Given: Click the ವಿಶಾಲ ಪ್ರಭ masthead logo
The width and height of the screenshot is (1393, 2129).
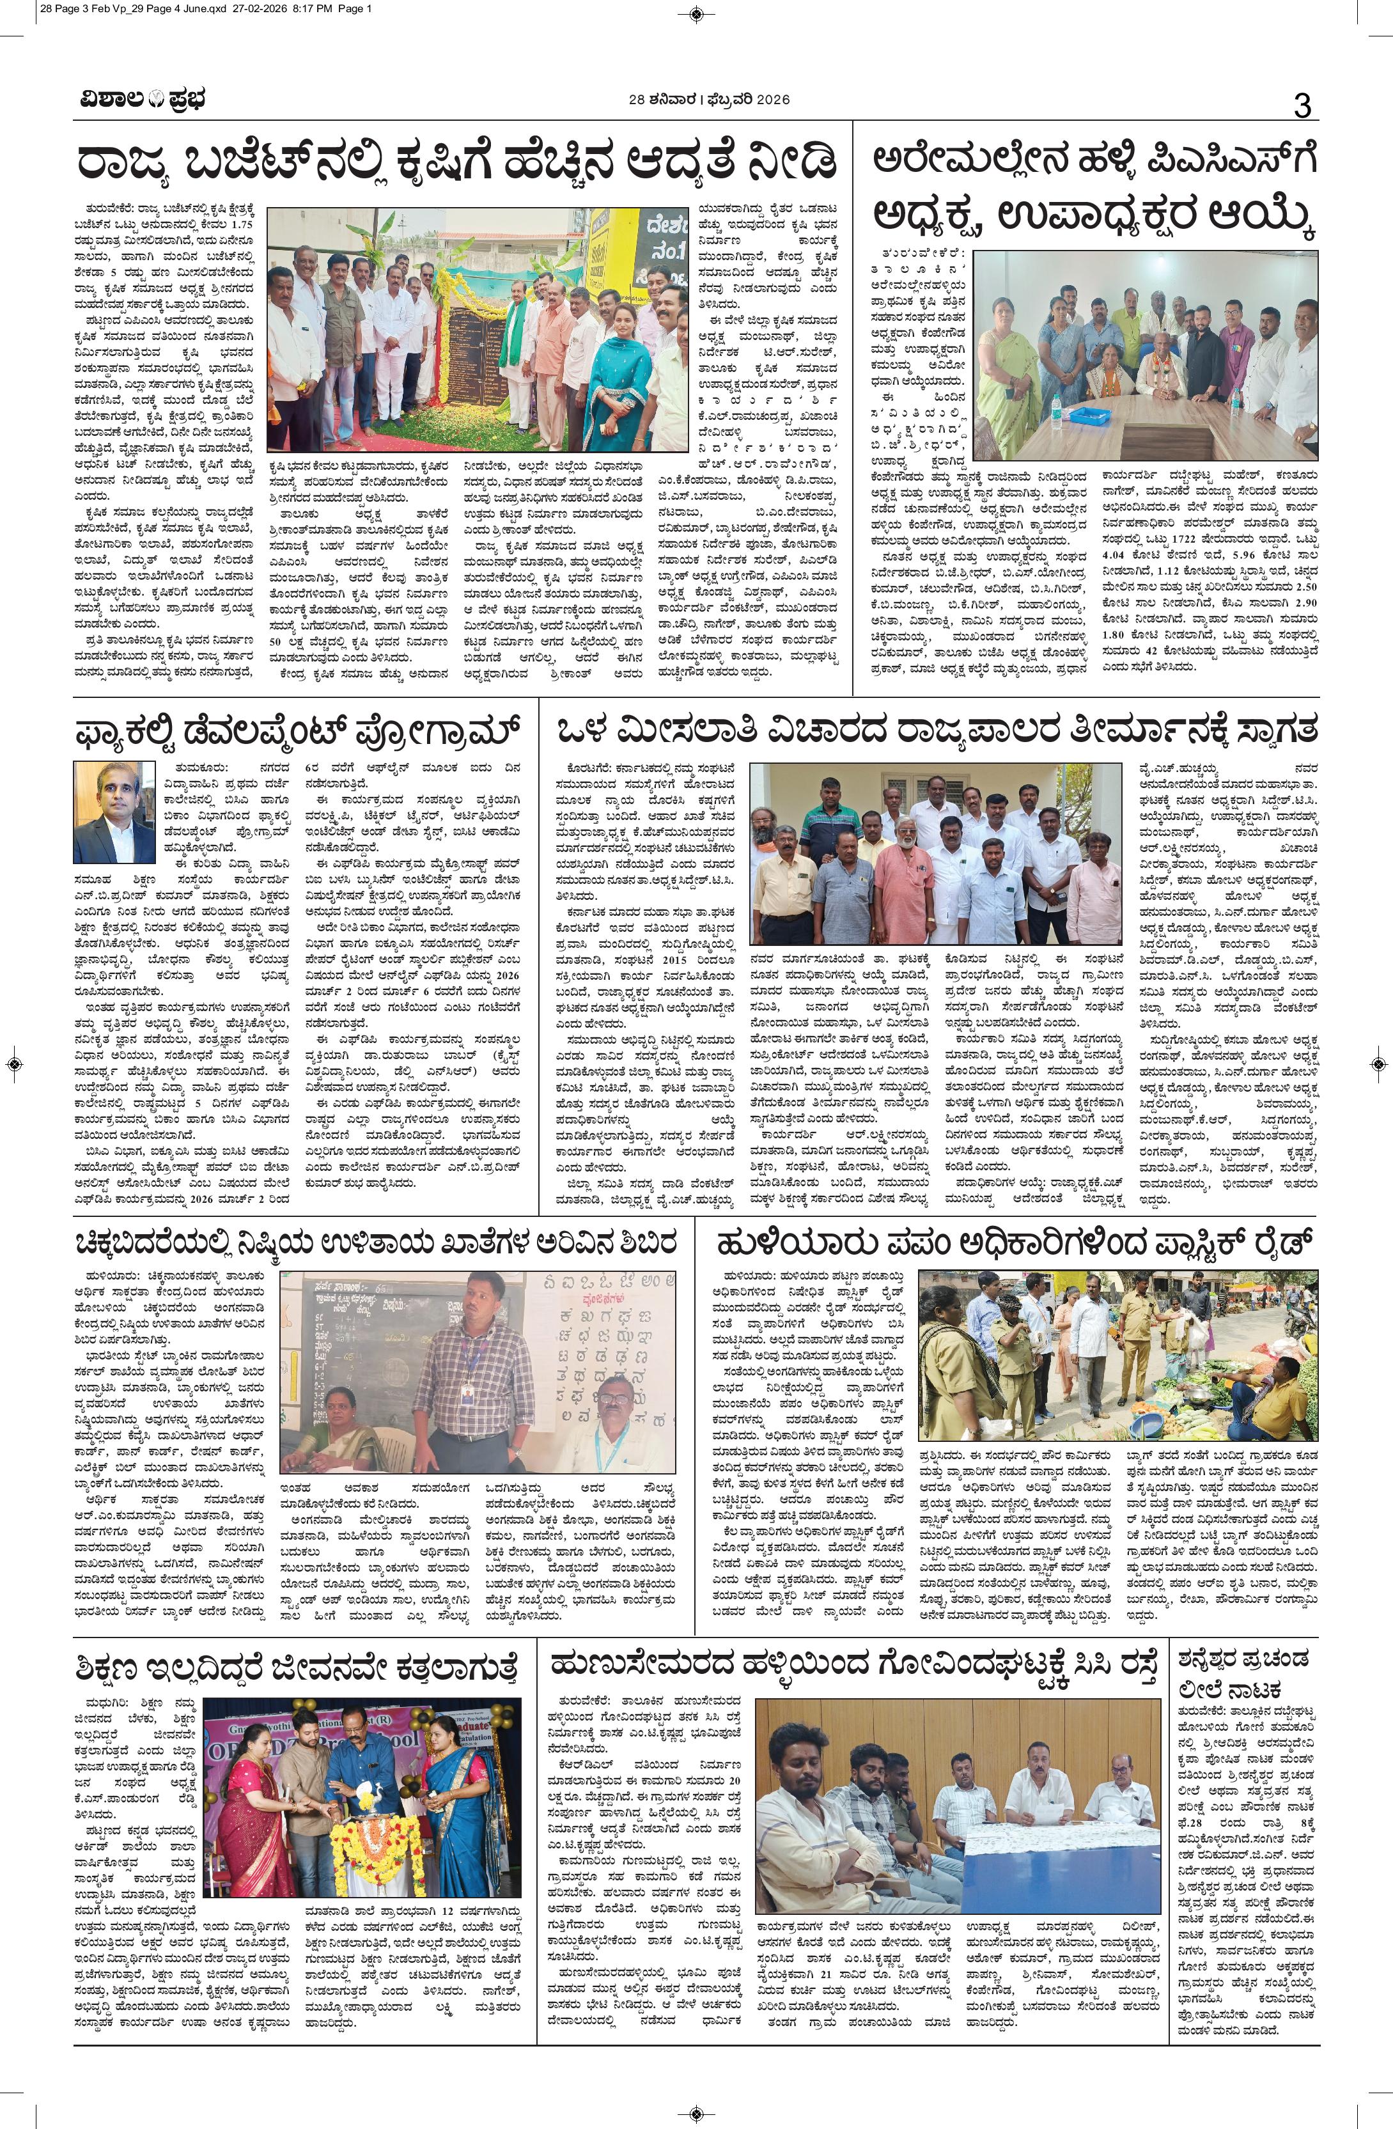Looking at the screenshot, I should (139, 100).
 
